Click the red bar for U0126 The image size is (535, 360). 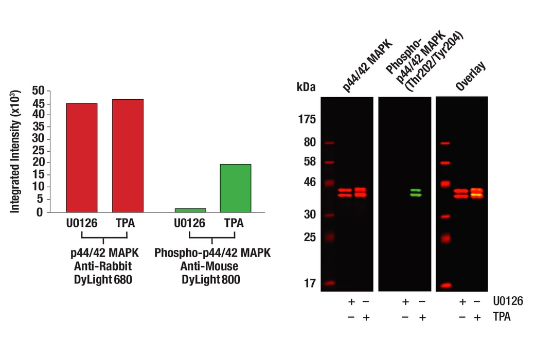82,157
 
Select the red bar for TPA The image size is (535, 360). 128,155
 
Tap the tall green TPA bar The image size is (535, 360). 235,188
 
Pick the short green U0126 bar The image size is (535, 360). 190,210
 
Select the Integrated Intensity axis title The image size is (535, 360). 16,151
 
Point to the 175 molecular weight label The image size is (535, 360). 307,120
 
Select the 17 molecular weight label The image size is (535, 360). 309,283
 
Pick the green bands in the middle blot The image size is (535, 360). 416,192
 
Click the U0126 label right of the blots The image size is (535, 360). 508,301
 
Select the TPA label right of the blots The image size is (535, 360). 502,317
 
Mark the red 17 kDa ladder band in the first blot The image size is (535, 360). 330,283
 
